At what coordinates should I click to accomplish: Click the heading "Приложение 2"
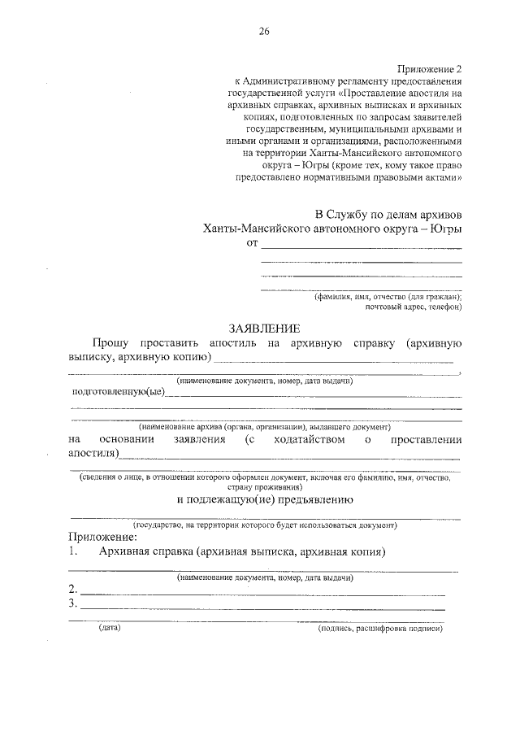(x=430, y=70)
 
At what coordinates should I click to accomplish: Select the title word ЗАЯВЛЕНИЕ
(x=264, y=329)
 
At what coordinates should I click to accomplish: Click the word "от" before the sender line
(x=252, y=243)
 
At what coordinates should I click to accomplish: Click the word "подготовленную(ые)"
(x=118, y=392)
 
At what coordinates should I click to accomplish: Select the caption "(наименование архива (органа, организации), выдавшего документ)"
(x=265, y=426)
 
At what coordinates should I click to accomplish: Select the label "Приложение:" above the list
(x=102, y=538)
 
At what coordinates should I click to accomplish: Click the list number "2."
(x=73, y=589)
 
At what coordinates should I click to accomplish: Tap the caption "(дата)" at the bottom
(x=109, y=628)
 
